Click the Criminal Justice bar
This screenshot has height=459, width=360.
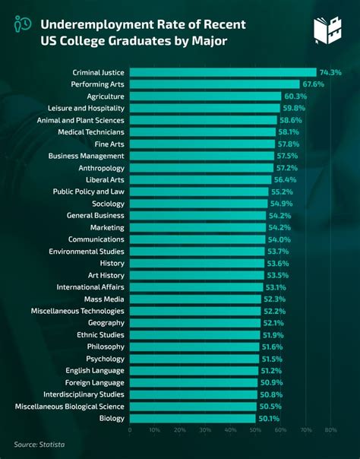click(220, 72)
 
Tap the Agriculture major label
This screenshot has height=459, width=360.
click(106, 97)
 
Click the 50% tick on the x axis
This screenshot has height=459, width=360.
click(255, 430)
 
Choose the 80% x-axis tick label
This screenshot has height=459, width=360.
click(330, 430)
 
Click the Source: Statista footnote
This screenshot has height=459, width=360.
click(37, 445)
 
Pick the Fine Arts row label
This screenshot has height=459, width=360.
click(108, 144)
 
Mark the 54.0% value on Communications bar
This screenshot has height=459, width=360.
click(279, 239)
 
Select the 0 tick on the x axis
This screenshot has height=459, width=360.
click(130, 430)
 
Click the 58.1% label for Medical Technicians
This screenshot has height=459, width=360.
click(289, 131)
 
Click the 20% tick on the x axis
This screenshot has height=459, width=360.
click(180, 430)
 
